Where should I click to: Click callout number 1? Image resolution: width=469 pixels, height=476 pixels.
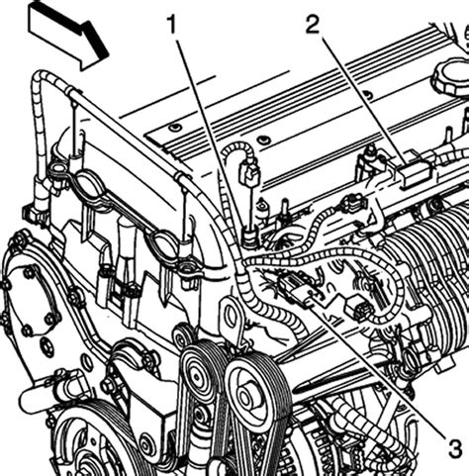[x=173, y=25]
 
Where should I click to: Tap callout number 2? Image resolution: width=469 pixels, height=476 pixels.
[x=313, y=25]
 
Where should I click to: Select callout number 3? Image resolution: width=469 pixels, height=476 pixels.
[x=455, y=448]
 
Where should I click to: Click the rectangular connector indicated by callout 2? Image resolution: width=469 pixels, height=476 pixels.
[x=414, y=171]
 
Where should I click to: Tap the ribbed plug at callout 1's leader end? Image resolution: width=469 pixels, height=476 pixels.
[x=250, y=238]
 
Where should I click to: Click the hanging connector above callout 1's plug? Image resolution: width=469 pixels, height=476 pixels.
[x=249, y=173]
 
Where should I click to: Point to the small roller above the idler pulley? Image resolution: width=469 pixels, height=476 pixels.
[x=181, y=337]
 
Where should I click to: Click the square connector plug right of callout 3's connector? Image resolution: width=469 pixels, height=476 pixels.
[x=359, y=306]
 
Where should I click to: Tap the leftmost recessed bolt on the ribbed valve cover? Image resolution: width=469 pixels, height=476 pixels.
[x=174, y=128]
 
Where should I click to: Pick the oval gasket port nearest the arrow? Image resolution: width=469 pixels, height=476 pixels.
[x=58, y=169]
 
